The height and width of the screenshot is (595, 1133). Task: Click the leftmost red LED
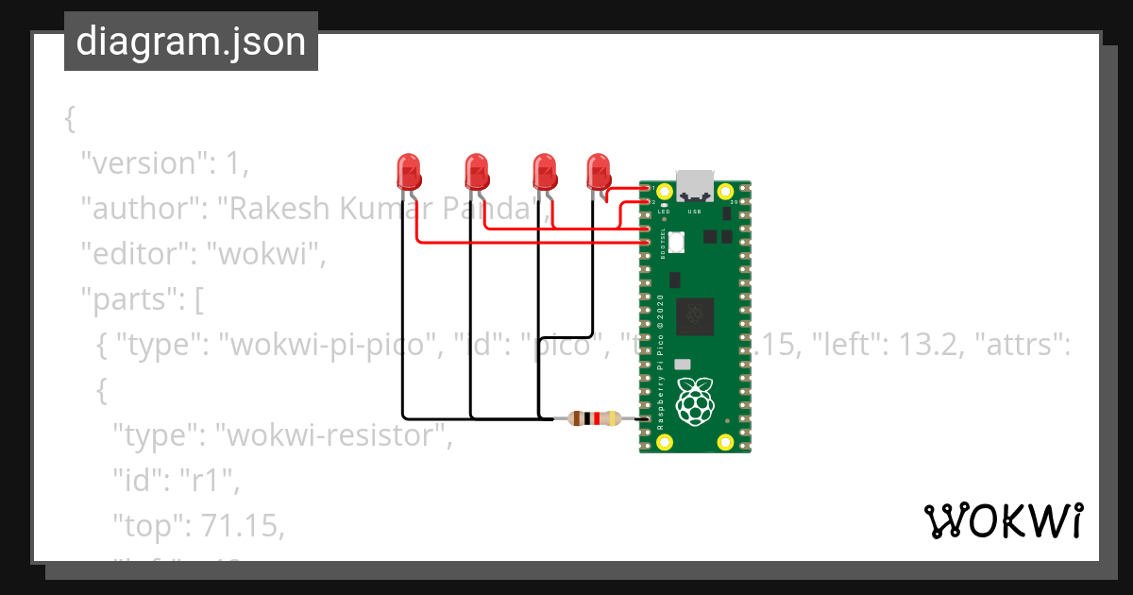pos(408,171)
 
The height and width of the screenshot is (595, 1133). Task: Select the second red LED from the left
pos(477,171)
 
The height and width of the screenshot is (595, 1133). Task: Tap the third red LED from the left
pos(544,171)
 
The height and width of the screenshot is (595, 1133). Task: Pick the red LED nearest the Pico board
pos(599,171)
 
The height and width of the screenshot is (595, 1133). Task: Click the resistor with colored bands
pos(594,418)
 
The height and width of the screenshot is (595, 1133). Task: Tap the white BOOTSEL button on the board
pos(675,243)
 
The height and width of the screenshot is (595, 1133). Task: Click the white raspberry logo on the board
pos(696,400)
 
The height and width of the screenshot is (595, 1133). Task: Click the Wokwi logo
pos(1004,520)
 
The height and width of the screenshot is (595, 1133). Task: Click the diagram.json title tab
pos(191,42)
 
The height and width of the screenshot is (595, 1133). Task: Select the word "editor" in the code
pos(135,254)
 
